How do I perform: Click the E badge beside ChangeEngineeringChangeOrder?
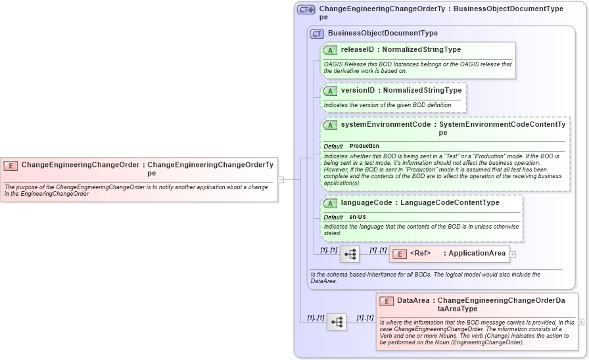(x=11, y=166)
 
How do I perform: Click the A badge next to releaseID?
(x=331, y=50)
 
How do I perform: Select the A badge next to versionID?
(x=331, y=91)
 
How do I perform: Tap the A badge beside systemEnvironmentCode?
(x=331, y=125)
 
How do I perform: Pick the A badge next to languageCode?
(x=331, y=203)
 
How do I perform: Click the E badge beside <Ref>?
(x=398, y=254)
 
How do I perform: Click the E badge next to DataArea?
(x=387, y=302)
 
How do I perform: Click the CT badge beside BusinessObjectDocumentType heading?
(x=317, y=34)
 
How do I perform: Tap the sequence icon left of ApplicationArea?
(x=349, y=254)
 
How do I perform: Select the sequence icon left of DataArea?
(x=336, y=322)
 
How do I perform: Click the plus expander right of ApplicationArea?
(x=513, y=254)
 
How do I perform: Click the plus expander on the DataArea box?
(x=580, y=322)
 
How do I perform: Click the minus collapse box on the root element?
(x=281, y=178)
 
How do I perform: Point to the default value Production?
(x=364, y=146)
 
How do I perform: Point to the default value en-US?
(x=358, y=217)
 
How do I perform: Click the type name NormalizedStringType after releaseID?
(x=421, y=49)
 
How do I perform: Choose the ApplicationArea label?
(x=477, y=253)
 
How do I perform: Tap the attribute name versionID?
(x=358, y=90)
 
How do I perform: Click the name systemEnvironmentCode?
(x=385, y=124)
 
